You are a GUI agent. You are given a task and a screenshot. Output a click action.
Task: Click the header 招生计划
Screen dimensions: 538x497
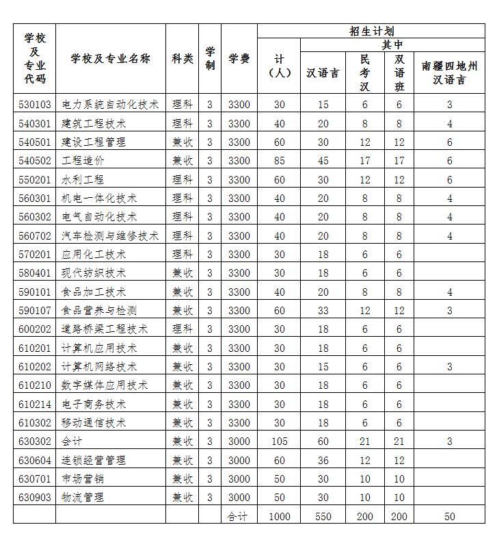[371, 31]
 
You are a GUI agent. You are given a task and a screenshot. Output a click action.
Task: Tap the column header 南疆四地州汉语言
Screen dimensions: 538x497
[449, 72]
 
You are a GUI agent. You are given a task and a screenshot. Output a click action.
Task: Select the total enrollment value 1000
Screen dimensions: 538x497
[279, 516]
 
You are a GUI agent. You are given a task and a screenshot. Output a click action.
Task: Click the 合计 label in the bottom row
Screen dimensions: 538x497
[239, 516]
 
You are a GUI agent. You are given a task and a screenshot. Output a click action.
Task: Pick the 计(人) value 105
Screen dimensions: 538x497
[279, 441]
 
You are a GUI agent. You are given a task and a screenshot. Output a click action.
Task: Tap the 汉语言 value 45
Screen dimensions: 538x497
[323, 161]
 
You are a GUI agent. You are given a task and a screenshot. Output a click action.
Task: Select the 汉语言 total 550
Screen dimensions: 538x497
[323, 516]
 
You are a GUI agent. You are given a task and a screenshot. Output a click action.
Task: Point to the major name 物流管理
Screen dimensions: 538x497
[83, 497]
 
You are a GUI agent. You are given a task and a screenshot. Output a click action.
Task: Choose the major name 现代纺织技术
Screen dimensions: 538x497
[94, 272]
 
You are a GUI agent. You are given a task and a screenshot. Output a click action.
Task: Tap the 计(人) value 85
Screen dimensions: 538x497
[279, 161]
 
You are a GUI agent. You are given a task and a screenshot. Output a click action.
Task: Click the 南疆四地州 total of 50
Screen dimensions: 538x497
[449, 516]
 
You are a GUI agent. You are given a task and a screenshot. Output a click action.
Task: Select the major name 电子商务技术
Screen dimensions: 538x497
[94, 404]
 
